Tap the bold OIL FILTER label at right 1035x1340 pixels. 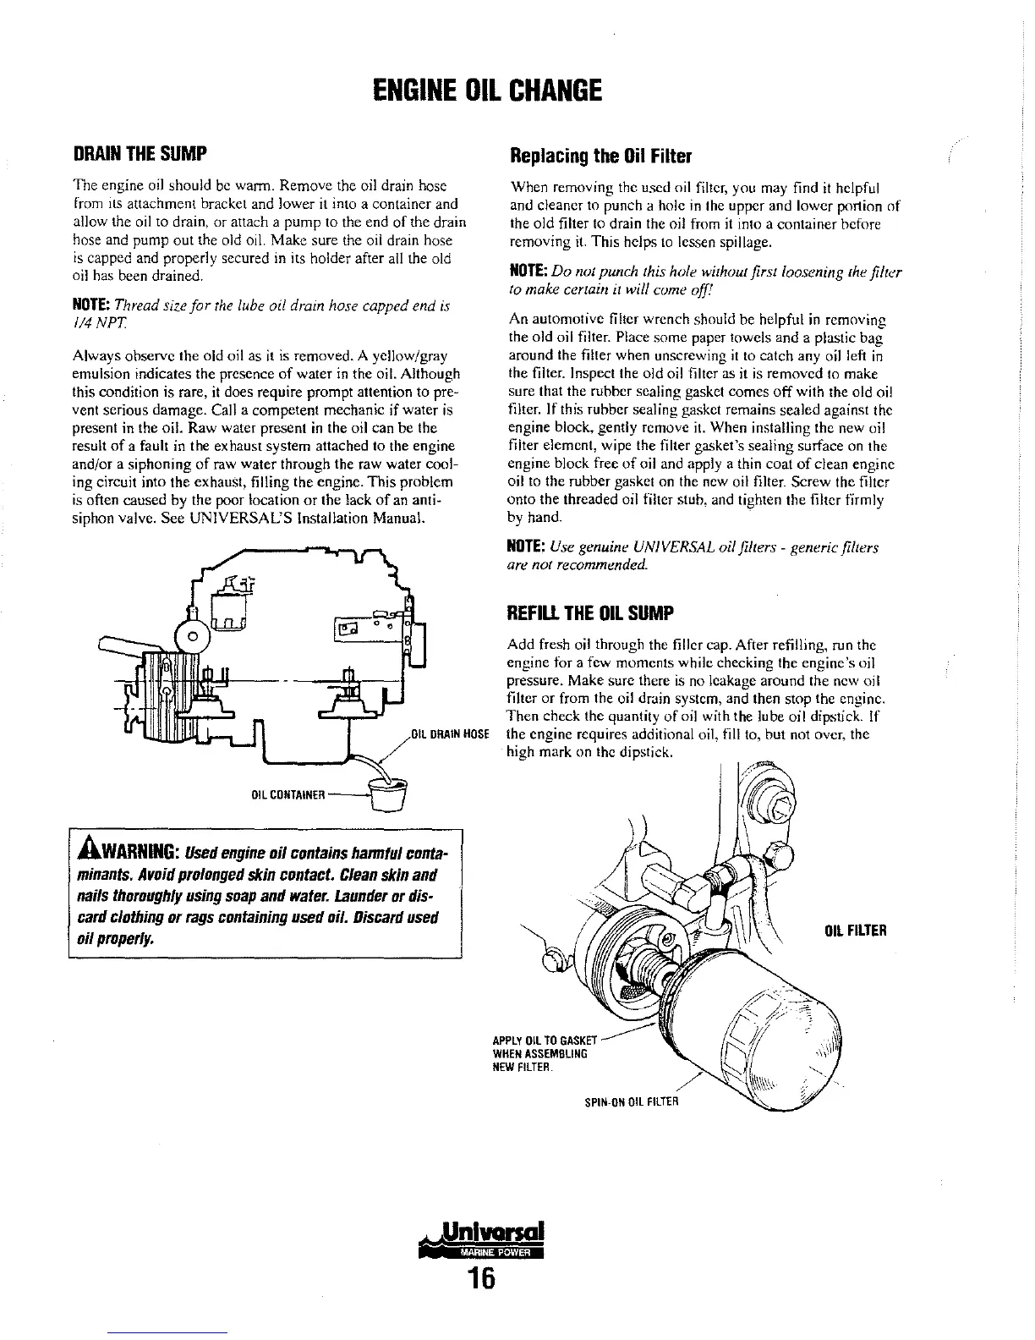[x=855, y=931]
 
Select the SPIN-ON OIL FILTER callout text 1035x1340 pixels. [x=632, y=1101]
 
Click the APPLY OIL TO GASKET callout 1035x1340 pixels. [x=545, y=1040]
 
